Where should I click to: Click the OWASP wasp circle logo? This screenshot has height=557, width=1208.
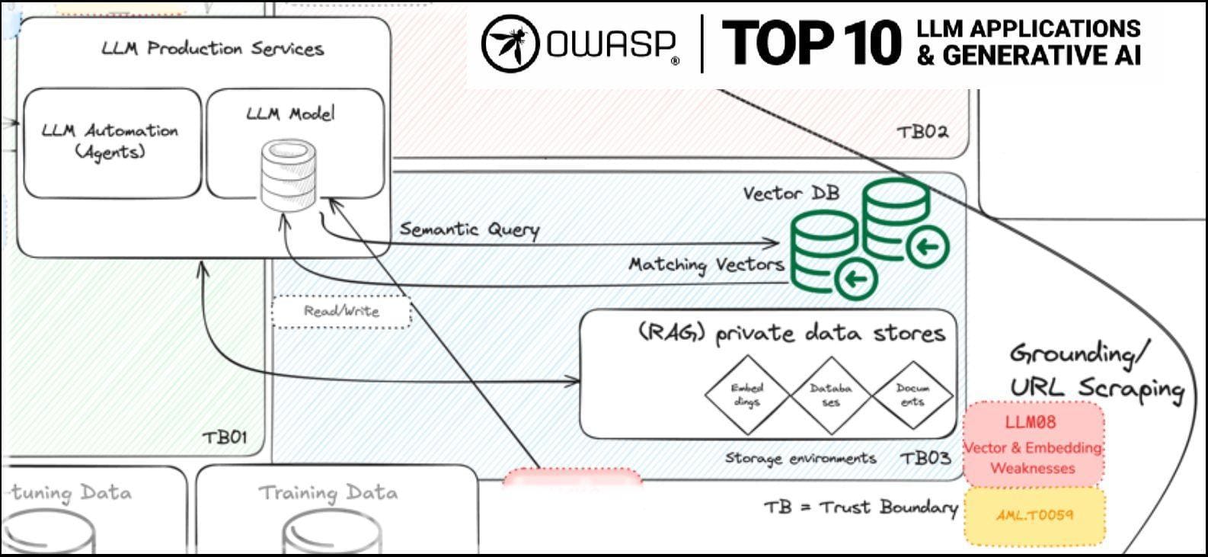coord(510,44)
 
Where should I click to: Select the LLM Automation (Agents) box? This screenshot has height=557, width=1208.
coord(112,142)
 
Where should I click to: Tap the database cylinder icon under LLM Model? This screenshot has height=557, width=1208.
coord(288,174)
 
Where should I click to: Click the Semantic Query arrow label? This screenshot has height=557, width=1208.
coord(469,229)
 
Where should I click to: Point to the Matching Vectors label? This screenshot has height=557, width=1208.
coord(706,264)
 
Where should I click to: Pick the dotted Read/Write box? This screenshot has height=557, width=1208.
coord(341,311)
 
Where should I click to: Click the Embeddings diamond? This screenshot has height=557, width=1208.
coord(746,394)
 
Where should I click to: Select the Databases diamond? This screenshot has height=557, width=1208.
coord(830,394)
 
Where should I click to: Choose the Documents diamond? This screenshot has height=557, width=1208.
coord(912,394)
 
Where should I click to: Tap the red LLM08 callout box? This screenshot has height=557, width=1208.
coord(1033,444)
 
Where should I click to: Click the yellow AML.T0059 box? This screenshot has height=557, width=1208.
coord(1034,516)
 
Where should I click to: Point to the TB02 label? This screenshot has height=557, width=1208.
coord(922,131)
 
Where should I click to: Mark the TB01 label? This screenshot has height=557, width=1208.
coord(225,437)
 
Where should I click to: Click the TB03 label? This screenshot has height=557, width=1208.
coord(925,458)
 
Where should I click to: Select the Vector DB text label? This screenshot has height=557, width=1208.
coord(791,193)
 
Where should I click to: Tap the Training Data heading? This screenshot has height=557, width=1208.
coord(328,492)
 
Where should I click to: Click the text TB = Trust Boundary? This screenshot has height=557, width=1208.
coord(861,507)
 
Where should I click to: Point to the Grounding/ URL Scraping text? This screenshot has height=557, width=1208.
coord(1095,370)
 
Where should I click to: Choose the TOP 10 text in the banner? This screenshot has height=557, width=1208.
coord(810,43)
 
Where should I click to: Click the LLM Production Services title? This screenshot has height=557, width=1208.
coord(213,49)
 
